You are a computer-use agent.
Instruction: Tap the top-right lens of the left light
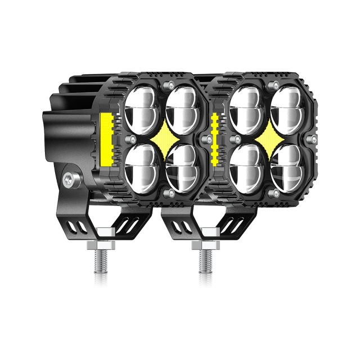pos(181,105)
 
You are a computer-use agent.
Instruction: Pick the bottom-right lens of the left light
pos(181,166)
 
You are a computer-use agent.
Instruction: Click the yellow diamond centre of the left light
pos(162,137)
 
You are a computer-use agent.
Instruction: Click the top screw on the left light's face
pos(168,84)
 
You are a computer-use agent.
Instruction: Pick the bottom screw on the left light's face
pos(168,193)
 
